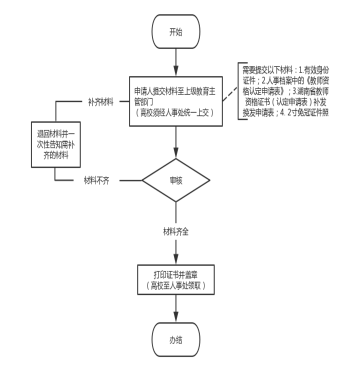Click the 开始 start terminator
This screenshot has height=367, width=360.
click(x=176, y=31)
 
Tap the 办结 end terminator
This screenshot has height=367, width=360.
click(x=176, y=339)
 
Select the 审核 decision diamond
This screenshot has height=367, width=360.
click(x=176, y=180)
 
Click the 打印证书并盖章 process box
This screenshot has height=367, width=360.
click(x=176, y=279)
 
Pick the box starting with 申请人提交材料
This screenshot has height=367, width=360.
click(x=176, y=101)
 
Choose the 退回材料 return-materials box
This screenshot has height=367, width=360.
click(x=55, y=144)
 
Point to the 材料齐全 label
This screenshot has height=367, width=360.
click(x=176, y=231)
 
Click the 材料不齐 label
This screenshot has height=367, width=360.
click(x=96, y=180)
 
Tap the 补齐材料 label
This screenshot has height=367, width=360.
click(x=100, y=102)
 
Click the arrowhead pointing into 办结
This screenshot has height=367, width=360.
click(x=176, y=317)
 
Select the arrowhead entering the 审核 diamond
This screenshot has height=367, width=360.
click(x=176, y=153)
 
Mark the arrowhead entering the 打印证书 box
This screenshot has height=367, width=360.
click(x=176, y=259)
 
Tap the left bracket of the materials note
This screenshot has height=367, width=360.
click(x=239, y=91)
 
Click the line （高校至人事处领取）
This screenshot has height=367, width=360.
click(x=176, y=285)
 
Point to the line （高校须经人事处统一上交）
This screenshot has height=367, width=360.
click(x=174, y=113)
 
